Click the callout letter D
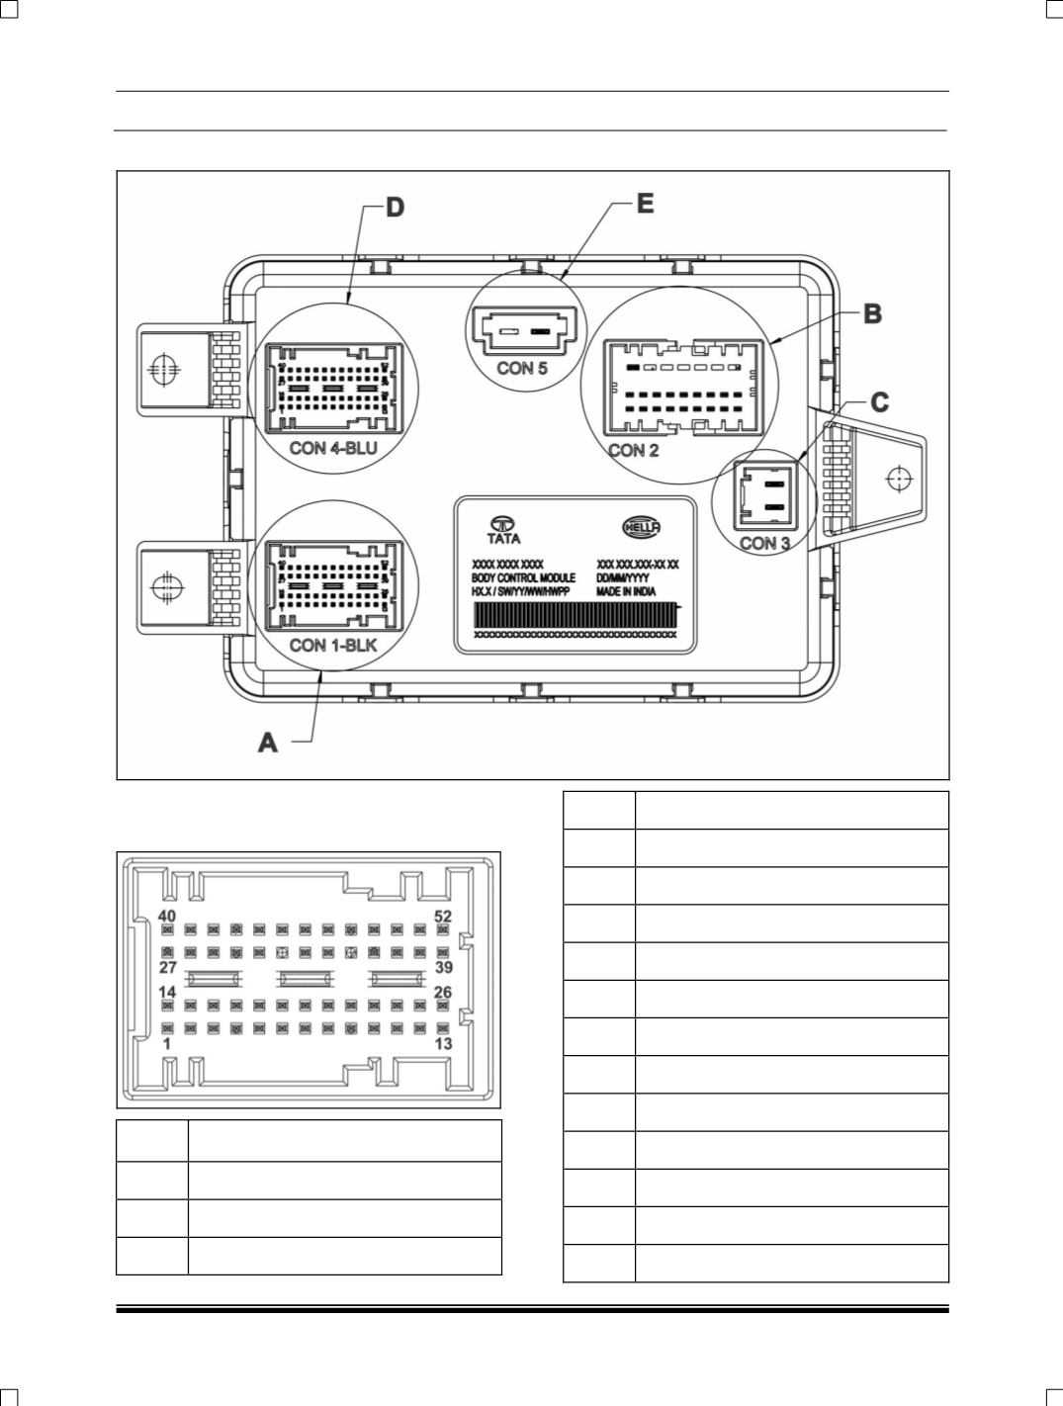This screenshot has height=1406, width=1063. click(x=395, y=208)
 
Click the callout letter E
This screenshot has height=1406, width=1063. click(x=644, y=203)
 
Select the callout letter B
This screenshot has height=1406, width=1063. click(x=871, y=313)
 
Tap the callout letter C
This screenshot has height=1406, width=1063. click(x=878, y=402)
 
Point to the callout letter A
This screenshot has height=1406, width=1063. click(x=268, y=742)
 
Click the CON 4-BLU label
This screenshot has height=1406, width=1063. click(x=333, y=448)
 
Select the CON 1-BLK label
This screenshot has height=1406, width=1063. click(x=333, y=646)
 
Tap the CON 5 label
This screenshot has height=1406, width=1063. click(x=521, y=370)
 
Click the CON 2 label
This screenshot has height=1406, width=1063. click(x=633, y=451)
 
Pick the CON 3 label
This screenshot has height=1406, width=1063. click(x=771, y=543)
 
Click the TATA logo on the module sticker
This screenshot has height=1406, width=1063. click(x=504, y=529)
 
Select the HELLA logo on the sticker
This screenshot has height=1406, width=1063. click(x=641, y=527)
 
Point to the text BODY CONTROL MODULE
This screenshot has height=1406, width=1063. click(x=524, y=576)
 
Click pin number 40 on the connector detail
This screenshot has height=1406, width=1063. click(x=167, y=917)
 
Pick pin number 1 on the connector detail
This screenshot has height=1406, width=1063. click(x=167, y=1044)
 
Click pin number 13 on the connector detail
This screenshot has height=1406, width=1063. click(x=443, y=1044)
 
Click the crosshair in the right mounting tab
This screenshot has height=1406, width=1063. click(x=898, y=479)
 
